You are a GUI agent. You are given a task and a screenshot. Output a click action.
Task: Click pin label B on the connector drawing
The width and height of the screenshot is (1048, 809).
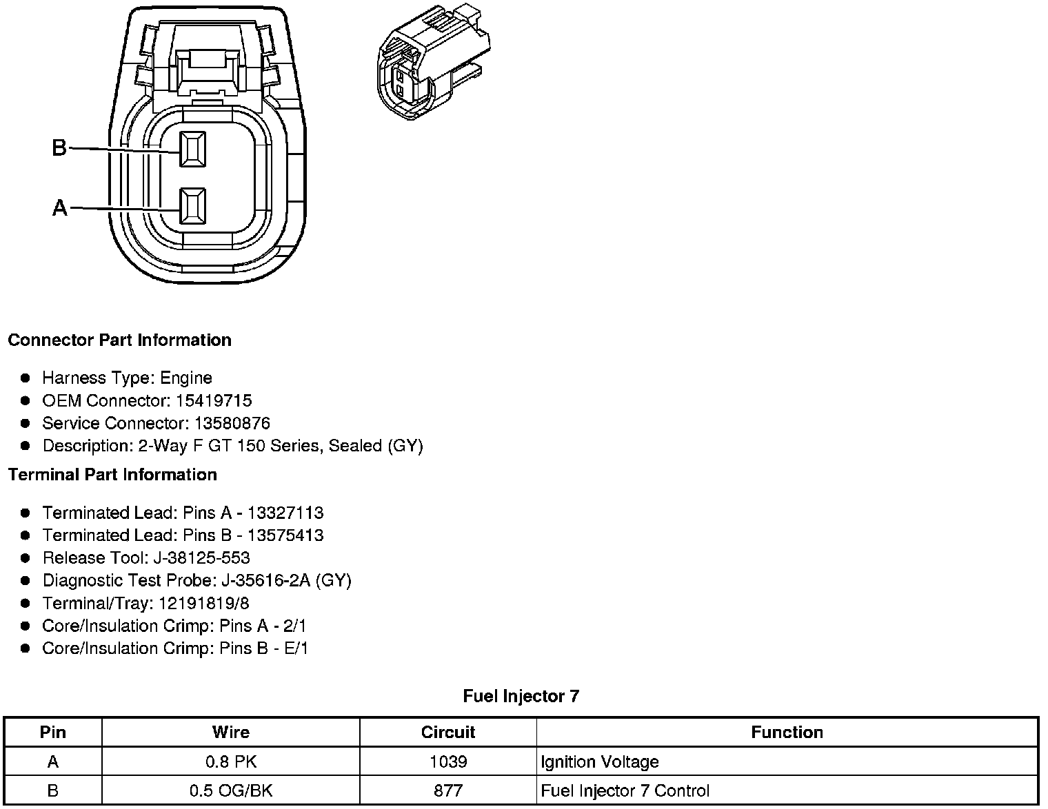(x=59, y=147)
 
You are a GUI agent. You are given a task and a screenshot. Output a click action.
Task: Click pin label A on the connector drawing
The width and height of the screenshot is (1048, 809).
(x=60, y=207)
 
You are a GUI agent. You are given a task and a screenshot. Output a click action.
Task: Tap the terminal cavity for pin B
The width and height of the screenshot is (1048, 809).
(x=192, y=149)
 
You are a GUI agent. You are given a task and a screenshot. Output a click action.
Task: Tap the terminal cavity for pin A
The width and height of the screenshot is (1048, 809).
(x=192, y=206)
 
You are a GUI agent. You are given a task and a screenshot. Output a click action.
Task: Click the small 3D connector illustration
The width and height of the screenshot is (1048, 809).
(x=434, y=63)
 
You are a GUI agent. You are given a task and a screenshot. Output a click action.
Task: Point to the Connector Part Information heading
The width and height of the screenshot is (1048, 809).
(x=119, y=340)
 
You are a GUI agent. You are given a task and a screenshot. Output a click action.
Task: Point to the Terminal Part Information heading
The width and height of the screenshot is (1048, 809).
(x=112, y=475)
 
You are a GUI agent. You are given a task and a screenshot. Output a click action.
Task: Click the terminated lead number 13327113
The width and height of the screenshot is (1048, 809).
(x=285, y=513)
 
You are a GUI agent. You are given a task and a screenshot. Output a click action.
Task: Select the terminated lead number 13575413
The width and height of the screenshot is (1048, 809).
(x=285, y=535)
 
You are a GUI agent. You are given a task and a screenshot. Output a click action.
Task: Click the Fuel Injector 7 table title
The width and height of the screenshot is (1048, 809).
(x=521, y=696)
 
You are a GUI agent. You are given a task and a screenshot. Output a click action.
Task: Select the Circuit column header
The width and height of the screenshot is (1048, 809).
(x=448, y=732)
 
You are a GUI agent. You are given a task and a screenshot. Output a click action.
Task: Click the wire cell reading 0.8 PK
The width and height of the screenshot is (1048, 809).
(x=231, y=761)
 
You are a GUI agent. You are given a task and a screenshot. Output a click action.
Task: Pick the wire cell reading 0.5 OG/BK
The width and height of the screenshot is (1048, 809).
(x=231, y=790)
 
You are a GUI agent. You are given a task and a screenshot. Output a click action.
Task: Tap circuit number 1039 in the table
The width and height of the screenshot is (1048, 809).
(x=448, y=761)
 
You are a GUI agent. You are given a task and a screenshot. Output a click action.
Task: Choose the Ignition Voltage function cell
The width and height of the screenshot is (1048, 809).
(x=599, y=761)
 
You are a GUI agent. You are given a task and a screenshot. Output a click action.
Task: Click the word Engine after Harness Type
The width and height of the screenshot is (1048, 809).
(x=186, y=378)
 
